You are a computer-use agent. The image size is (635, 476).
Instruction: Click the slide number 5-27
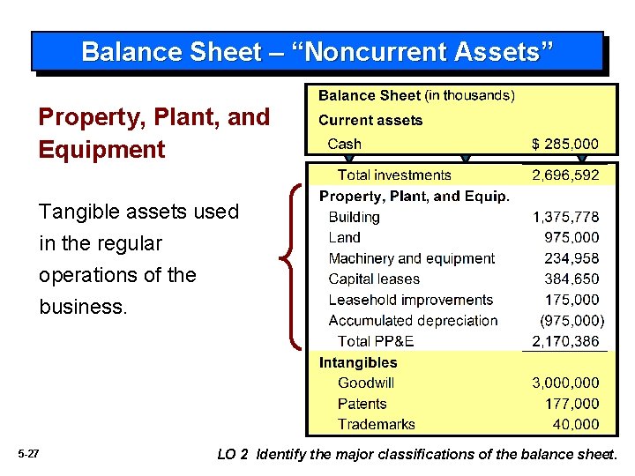(x=28, y=454)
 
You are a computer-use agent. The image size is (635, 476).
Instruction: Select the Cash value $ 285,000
(x=564, y=144)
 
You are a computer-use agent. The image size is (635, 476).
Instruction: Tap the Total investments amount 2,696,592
(x=564, y=175)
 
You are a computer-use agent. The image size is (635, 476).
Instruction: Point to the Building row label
(x=354, y=217)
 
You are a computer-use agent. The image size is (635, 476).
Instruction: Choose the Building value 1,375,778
(x=564, y=217)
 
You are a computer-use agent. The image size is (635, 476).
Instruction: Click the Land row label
(x=344, y=237)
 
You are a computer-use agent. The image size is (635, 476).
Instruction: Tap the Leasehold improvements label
(x=410, y=300)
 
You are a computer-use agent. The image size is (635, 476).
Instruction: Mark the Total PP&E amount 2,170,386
(x=564, y=341)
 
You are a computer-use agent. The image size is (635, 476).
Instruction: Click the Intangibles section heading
(x=358, y=362)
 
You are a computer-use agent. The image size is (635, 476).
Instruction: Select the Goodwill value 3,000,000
(x=564, y=383)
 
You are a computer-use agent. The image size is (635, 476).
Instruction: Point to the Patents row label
(x=362, y=404)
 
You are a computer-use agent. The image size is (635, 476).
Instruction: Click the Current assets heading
(x=370, y=120)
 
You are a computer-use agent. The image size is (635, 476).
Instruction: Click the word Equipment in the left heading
(x=101, y=149)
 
